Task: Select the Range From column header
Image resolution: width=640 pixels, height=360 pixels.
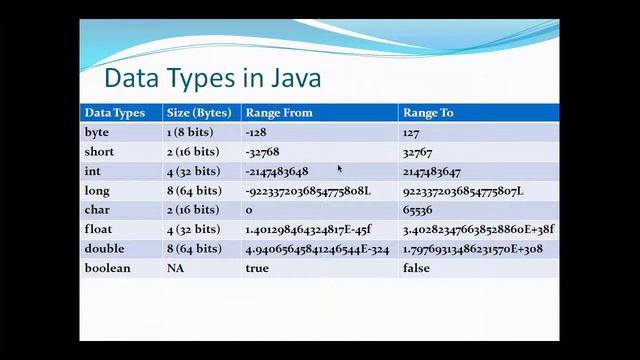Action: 279,113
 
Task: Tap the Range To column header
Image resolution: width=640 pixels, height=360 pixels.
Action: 428,113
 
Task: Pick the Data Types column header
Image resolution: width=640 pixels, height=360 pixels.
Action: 114,113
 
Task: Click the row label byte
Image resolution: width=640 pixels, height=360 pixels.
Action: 97,132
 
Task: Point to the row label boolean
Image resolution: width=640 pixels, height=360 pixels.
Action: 107,268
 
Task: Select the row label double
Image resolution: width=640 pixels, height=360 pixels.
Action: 105,249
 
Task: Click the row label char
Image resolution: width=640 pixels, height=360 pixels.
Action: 97,210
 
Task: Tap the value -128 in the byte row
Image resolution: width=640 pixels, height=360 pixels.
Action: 256,132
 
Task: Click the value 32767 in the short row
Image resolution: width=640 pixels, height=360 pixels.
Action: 417,152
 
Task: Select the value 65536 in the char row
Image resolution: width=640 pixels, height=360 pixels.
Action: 417,210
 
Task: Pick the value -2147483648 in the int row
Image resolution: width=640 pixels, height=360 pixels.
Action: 276,171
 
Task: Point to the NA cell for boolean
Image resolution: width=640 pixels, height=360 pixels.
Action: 175,268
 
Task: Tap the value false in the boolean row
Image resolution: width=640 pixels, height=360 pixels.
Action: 416,268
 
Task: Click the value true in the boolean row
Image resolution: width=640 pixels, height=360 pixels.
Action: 257,268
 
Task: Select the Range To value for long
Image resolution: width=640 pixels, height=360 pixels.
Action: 463,190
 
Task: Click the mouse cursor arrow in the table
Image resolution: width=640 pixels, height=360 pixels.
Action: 340,169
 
